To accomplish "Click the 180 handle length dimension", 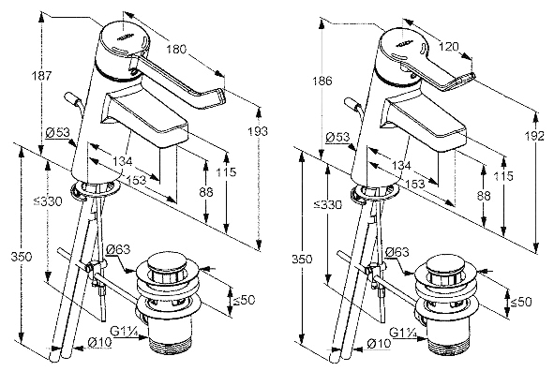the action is (176, 49).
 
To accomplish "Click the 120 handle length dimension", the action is (449, 46).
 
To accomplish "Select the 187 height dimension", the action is (41, 76).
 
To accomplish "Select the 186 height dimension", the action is (322, 81).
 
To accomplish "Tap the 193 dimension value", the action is (258, 131).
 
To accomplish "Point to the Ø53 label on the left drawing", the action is (57, 132).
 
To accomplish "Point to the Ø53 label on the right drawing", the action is (337, 137).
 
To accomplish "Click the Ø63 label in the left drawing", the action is (118, 249).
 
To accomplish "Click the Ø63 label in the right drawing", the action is (397, 252).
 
